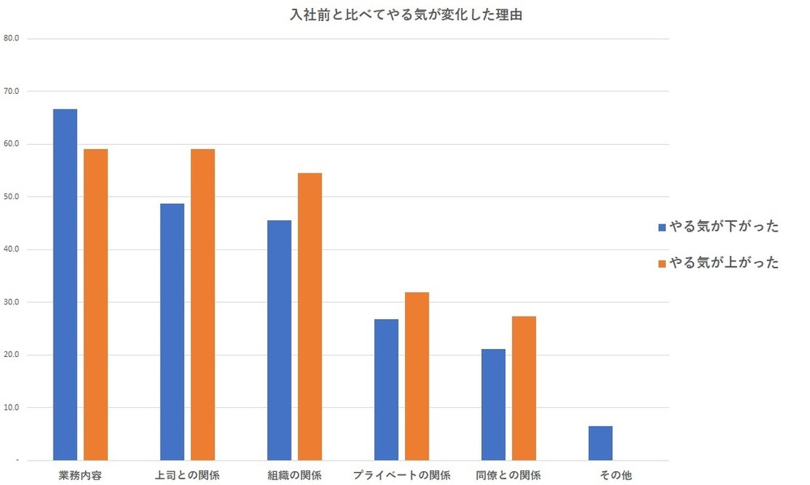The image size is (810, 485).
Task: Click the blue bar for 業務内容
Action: (65, 283)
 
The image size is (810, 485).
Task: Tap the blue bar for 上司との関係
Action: (172, 331)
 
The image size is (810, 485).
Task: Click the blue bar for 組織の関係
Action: (279, 339)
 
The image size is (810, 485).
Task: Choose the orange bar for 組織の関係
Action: (309, 316)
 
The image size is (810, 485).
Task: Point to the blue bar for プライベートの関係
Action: (386, 389)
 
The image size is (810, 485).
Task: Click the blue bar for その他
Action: (600, 442)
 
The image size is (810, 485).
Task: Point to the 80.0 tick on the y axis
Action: (11, 38)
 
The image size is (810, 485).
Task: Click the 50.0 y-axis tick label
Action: (11, 197)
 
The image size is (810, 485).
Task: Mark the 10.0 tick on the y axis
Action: (11, 407)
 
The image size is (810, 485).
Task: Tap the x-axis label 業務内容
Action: (80, 474)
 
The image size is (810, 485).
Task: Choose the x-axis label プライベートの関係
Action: (401, 474)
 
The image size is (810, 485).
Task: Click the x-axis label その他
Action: (616, 474)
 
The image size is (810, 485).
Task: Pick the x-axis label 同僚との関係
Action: (509, 474)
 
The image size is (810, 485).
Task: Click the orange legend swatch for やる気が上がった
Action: (662, 263)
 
